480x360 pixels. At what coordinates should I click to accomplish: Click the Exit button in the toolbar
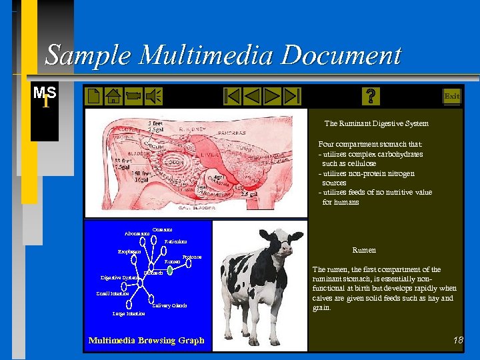(451, 97)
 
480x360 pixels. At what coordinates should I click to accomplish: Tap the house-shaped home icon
(113, 97)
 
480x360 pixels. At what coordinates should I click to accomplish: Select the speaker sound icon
(153, 97)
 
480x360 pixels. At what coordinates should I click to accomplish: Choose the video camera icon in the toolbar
(133, 97)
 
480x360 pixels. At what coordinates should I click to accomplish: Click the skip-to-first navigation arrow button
(232, 97)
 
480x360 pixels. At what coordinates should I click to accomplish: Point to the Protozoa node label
(191, 257)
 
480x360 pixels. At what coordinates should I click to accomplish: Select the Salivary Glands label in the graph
(169, 306)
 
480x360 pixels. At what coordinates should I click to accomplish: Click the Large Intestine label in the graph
(128, 313)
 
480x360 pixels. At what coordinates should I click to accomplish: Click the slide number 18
(457, 341)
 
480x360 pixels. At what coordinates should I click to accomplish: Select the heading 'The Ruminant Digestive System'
(376, 123)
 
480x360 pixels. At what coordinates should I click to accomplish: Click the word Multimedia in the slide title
(210, 55)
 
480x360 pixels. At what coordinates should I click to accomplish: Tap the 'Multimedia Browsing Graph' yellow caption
(146, 341)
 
